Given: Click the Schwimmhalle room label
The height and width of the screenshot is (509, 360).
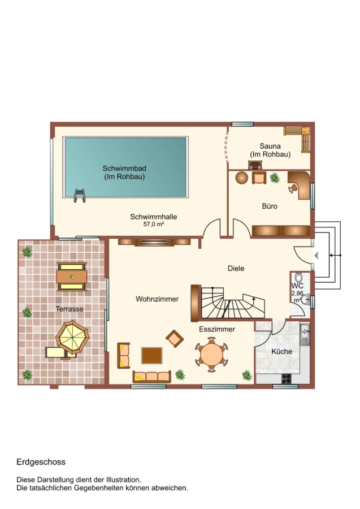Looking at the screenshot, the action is pos(153,217).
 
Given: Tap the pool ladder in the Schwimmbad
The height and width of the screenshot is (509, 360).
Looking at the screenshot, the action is pos(80,196).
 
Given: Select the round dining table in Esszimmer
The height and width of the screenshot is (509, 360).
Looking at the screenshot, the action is pos(211,354).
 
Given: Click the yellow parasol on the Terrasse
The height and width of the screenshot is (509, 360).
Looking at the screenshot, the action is pos(72,337).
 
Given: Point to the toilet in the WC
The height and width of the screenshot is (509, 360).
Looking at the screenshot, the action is pos(299,278).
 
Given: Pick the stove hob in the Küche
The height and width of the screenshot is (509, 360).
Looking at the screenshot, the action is pos(287,378).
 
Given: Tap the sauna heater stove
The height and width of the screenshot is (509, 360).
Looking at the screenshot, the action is pos(255,165).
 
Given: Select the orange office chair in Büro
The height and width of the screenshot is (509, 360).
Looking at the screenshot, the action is pos(293,188).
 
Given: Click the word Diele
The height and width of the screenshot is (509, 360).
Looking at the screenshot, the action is pos(236,269).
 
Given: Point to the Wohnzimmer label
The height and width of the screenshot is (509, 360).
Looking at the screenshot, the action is pos(157,299).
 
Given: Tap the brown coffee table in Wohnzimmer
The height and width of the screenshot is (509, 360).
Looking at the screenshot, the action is pos(152,356).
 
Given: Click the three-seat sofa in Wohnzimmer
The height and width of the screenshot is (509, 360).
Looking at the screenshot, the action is pos(152,377).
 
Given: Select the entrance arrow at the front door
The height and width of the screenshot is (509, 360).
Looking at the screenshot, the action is pos(316,256).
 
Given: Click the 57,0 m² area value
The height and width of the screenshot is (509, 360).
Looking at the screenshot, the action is pos(153,224).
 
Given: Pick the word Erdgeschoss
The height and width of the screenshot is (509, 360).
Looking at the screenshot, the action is pos(41,462).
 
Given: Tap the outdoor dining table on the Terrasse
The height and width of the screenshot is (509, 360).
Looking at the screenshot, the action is pos(71,277).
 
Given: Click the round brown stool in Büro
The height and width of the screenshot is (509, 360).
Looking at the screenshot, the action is pos(242,178).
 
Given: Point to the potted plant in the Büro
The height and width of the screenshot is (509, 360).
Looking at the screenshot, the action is pos(275,178).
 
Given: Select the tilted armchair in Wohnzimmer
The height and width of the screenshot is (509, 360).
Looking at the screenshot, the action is pos(175,339).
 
